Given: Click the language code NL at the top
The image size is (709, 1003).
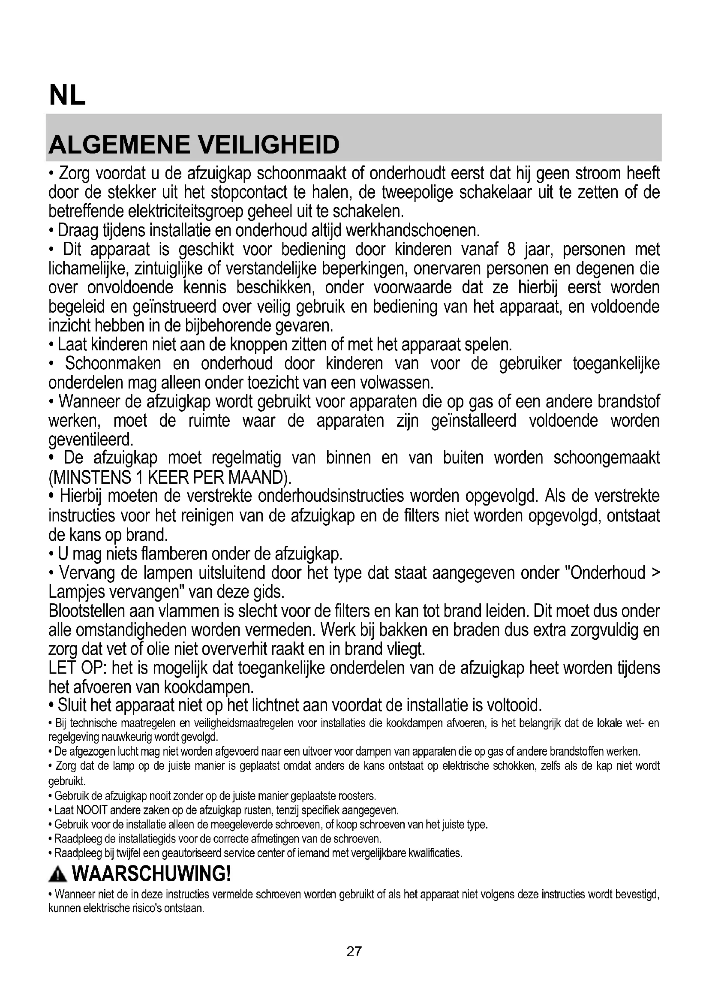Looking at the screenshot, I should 67,95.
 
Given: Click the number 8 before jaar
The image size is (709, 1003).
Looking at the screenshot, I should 512,250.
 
